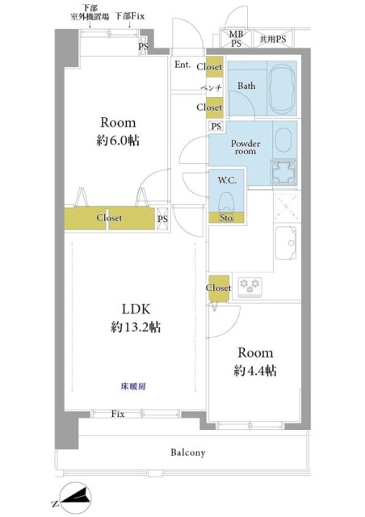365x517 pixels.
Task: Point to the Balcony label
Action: pyautogui.click(x=187, y=453)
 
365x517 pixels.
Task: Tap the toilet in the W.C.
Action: pyautogui.click(x=227, y=198)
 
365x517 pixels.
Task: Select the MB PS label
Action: pyautogui.click(x=235, y=38)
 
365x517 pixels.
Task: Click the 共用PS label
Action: pyautogui.click(x=271, y=38)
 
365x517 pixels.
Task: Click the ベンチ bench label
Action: pyautogui.click(x=212, y=87)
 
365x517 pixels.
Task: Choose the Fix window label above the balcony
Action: pyautogui.click(x=118, y=414)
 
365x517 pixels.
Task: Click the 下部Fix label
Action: pyautogui.click(x=128, y=15)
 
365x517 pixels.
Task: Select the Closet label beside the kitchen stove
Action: pyautogui.click(x=219, y=288)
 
